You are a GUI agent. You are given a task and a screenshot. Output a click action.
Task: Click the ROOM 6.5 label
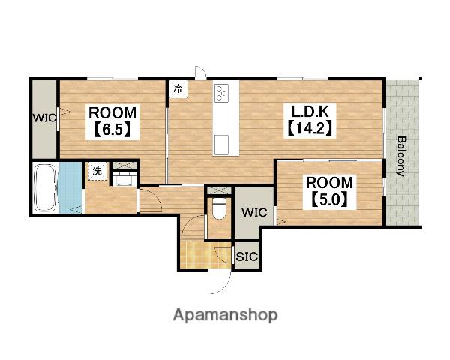coord(112,121)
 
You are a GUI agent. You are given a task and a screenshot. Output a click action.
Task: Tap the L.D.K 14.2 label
coord(310,120)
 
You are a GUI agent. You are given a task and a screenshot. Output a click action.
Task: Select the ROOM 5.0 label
coord(329,192)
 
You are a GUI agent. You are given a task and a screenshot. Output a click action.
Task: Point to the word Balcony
coord(401,157)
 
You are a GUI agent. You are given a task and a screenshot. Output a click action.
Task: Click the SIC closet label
coord(247,256)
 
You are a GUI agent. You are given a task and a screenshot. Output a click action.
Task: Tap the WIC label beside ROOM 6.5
coord(44,118)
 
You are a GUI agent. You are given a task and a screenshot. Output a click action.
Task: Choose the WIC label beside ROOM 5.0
coord(254,212)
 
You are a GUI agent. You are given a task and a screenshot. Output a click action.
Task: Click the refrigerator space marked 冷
coord(178,88)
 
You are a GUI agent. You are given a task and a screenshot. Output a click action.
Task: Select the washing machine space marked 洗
coord(97,171)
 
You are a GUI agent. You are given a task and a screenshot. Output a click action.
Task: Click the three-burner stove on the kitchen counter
coord(221,93)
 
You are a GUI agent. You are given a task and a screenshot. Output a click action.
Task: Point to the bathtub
coord(45,188)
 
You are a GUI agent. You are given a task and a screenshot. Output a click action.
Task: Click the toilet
coord(220,208)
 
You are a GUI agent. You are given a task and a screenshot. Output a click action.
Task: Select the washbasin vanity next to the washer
coord(124,179)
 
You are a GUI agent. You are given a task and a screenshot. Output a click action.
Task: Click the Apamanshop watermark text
coord(225,315)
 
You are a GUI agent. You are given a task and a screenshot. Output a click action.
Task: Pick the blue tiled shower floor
coord(70,188)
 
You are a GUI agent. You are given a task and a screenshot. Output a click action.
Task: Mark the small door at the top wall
coord(200,71)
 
